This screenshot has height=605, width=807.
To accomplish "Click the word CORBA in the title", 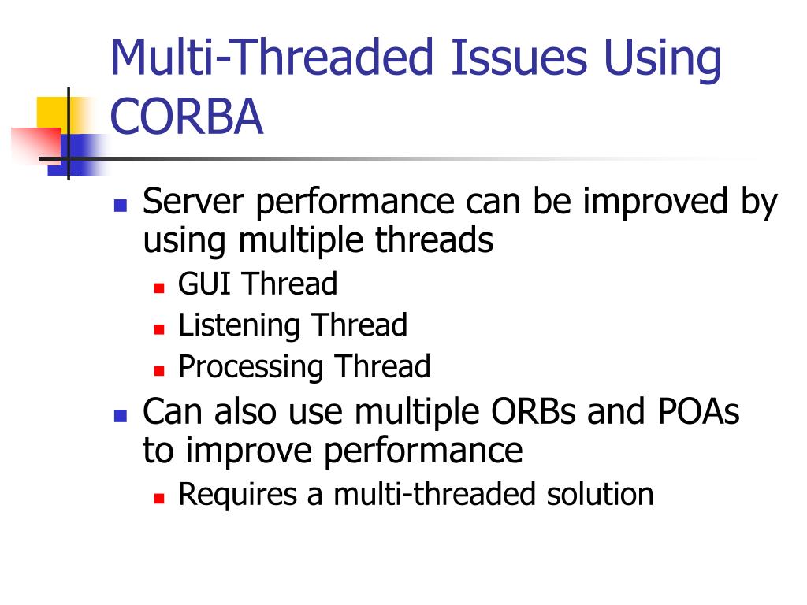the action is [187, 117].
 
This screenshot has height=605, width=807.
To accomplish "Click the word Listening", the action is [239, 326].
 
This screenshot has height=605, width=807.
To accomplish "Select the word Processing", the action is [251, 368].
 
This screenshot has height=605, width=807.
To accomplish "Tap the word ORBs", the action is [534, 411].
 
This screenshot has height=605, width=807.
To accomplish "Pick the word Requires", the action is [238, 495].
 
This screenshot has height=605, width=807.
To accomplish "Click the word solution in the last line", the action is [600, 495].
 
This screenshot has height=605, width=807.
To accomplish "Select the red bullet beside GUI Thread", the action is [159, 288].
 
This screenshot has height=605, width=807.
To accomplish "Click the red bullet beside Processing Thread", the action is [159, 371].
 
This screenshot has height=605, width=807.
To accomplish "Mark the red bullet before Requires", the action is [159, 498].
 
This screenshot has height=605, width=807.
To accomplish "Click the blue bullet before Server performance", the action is [121, 206].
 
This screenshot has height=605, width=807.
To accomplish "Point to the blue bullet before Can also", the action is [121, 416].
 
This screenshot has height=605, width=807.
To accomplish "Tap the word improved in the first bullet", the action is [656, 202].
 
